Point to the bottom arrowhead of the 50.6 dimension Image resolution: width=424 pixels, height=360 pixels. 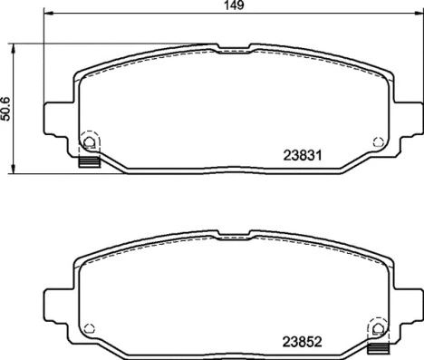tap(13, 171)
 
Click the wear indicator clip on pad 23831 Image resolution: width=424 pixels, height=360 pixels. tap(88, 163)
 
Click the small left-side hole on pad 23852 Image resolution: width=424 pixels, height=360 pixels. tap(89, 327)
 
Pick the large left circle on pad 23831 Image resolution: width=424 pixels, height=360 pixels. tap(90, 141)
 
